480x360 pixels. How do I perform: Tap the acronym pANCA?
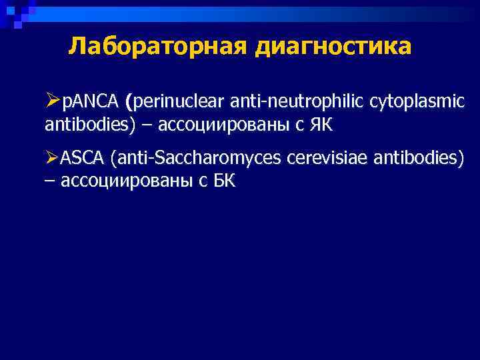90,102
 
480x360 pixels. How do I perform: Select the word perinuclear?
181,102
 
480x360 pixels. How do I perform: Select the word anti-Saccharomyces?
197,158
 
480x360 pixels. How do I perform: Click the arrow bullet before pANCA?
53,102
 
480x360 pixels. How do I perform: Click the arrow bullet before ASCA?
53,159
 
